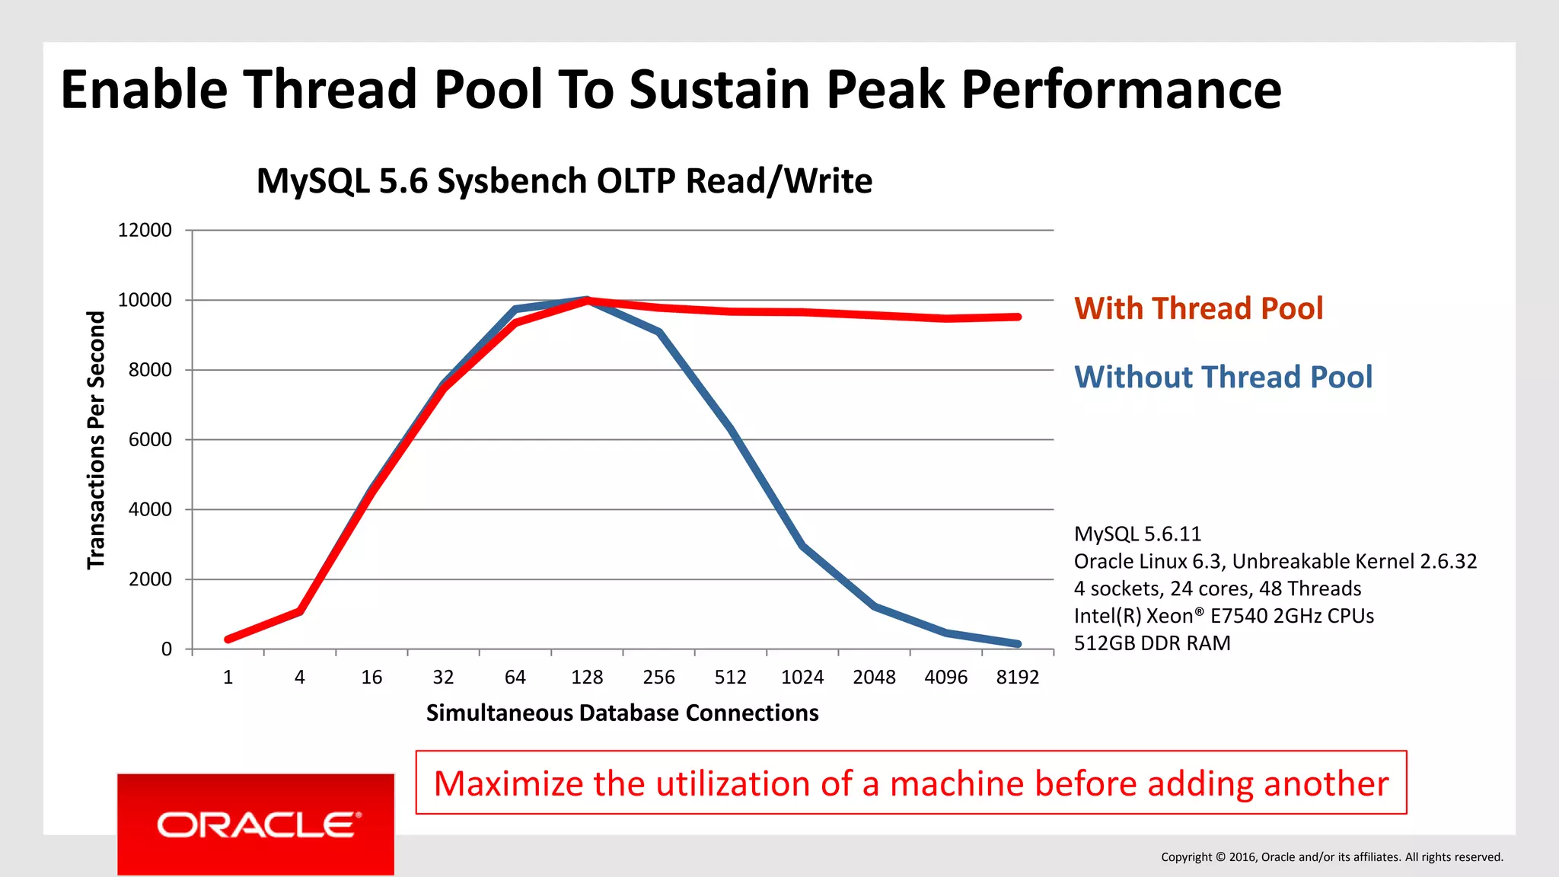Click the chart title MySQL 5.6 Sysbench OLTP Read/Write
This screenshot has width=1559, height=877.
coord(564,181)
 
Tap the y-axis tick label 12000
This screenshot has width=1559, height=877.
coord(145,230)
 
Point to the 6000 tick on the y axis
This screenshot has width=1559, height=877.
coord(150,440)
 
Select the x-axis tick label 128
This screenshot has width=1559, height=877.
coord(587,678)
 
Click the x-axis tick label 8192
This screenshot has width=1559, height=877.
coord(1017,678)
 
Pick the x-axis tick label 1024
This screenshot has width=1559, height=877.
coord(802,678)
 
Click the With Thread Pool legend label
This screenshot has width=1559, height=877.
coord(1198,308)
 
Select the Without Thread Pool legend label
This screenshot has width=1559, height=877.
coord(1223,378)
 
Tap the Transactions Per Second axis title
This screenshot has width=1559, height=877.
coord(96,440)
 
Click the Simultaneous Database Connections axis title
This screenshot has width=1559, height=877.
coord(622,713)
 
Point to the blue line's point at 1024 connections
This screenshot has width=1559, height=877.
coord(803,546)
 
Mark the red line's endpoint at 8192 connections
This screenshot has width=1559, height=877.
coord(1018,317)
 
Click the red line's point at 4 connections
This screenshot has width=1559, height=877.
coord(300,611)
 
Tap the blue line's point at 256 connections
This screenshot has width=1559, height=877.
coord(659,332)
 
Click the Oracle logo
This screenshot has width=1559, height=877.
coord(256,824)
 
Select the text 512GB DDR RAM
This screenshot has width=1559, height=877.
coord(1152,643)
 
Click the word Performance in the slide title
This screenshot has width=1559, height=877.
coord(1121,90)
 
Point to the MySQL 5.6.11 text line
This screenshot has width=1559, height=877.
coord(1137,534)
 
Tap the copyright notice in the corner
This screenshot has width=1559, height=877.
coord(1331,857)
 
